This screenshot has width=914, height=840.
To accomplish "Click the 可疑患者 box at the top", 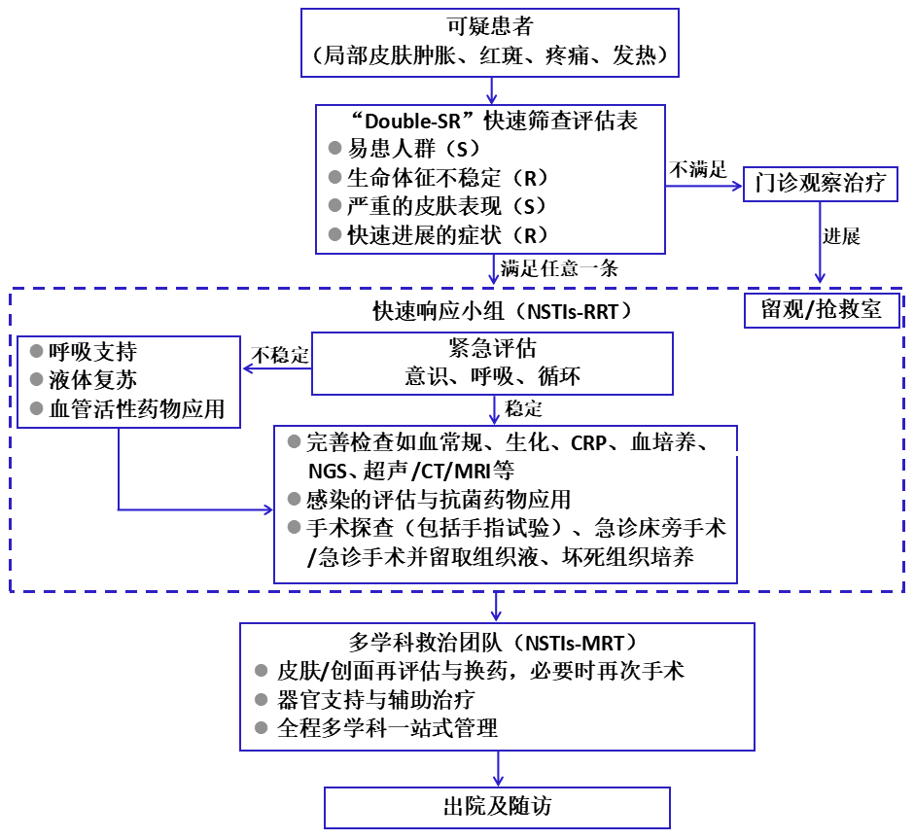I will [x=491, y=42].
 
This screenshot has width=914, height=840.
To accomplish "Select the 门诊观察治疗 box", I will [x=820, y=184].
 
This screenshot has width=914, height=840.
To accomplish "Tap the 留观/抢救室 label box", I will [x=822, y=309].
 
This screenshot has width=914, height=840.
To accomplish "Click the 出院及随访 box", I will [x=497, y=807].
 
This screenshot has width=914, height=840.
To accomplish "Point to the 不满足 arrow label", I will [x=697, y=168].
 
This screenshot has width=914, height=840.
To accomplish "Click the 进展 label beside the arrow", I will [x=841, y=236].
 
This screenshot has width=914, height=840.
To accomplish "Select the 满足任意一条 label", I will [x=559, y=268].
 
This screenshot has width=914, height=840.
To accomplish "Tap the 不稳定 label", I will [x=280, y=355].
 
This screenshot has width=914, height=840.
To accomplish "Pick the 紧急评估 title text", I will [x=492, y=349].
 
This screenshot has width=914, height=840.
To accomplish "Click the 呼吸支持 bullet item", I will [x=92, y=352].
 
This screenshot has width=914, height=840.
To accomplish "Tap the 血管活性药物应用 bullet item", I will [x=137, y=409].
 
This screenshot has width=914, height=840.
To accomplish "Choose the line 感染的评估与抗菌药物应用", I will [x=438, y=500].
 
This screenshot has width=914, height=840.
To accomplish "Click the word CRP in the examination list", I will [x=588, y=443].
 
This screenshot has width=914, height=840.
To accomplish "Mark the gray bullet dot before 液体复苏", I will [x=37, y=380].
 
